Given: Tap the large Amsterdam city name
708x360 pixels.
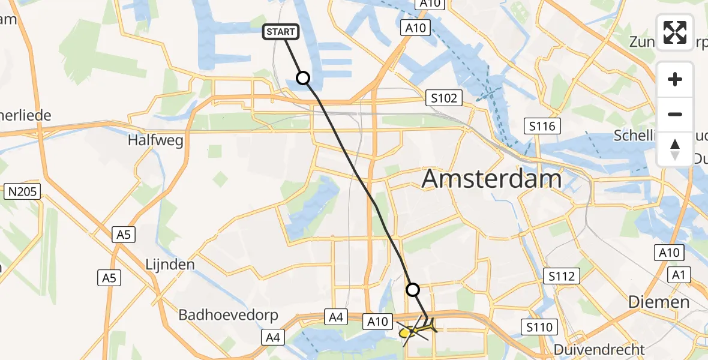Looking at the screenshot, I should pyautogui.click(x=492, y=178).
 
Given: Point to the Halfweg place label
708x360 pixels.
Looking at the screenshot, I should pyautogui.click(x=155, y=140).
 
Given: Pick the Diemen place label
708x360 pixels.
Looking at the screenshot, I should pyautogui.click(x=658, y=302).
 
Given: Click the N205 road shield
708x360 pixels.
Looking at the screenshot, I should pyautogui.click(x=22, y=193).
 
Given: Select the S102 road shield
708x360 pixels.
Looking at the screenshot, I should pyautogui.click(x=443, y=98).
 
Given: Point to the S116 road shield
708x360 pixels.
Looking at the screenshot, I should pyautogui.click(x=542, y=126).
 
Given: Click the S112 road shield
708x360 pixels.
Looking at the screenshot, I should pyautogui.click(x=562, y=277).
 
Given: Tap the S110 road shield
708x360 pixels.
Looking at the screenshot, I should pyautogui.click(x=539, y=328).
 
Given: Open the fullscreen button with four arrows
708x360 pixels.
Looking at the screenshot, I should pyautogui.click(x=675, y=32).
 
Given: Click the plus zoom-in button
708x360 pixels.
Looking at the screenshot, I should pyautogui.click(x=675, y=80).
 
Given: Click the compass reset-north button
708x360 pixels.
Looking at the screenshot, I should pyautogui.click(x=675, y=149).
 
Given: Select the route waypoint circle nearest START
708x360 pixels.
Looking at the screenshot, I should pyautogui.click(x=303, y=78).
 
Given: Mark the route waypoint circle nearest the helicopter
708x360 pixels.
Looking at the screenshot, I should pyautogui.click(x=413, y=290).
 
